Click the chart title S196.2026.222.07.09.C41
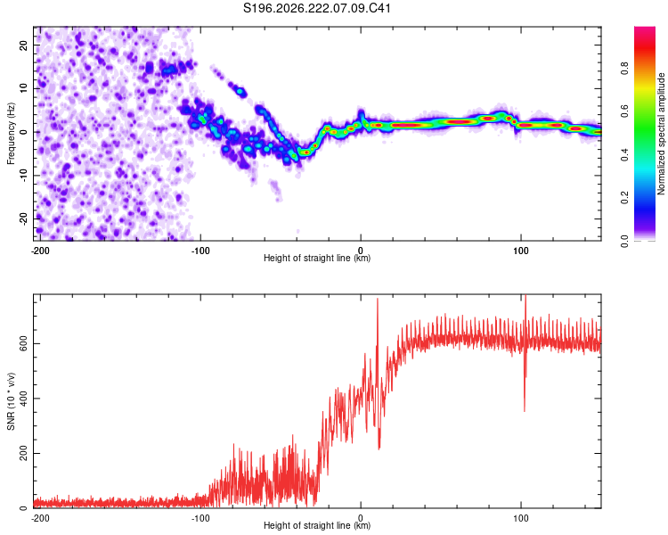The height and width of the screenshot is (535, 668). pyautogui.click(x=316, y=8)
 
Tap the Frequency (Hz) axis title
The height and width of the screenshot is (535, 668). pyautogui.click(x=11, y=134)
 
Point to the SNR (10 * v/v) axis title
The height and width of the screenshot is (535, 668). pyautogui.click(x=11, y=401)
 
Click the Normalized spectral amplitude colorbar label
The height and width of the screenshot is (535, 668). pyautogui.click(x=661, y=134)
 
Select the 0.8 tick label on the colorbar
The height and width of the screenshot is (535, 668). pyautogui.click(x=624, y=69)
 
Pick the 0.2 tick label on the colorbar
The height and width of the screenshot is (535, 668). pyautogui.click(x=624, y=198)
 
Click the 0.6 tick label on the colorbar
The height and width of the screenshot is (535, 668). pyautogui.click(x=624, y=111)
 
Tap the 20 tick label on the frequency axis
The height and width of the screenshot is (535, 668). pyautogui.click(x=23, y=45)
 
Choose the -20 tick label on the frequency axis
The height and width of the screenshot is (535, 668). pyautogui.click(x=23, y=218)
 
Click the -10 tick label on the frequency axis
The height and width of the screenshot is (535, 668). pyautogui.click(x=23, y=176)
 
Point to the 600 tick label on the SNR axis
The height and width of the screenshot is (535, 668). pyautogui.click(x=23, y=344)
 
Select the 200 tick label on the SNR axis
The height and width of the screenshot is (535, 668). pyautogui.click(x=23, y=454)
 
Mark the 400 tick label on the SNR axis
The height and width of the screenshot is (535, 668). pyautogui.click(x=23, y=399)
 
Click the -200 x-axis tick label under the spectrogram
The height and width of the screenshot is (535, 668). pyautogui.click(x=40, y=251)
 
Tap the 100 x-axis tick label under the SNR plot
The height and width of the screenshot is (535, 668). pyautogui.click(x=521, y=518)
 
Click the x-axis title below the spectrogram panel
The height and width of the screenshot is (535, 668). pyautogui.click(x=317, y=258)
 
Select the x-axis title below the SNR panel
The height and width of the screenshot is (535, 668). pyautogui.click(x=317, y=525)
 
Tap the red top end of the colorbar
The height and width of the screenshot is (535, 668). pyautogui.click(x=645, y=29)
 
